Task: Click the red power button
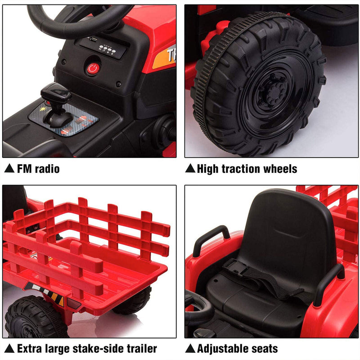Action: (92, 69)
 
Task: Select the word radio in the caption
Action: (47, 169)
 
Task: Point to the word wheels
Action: (281, 169)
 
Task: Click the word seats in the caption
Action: (265, 349)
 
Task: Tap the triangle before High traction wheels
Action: (190, 169)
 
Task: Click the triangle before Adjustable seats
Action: (190, 349)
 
